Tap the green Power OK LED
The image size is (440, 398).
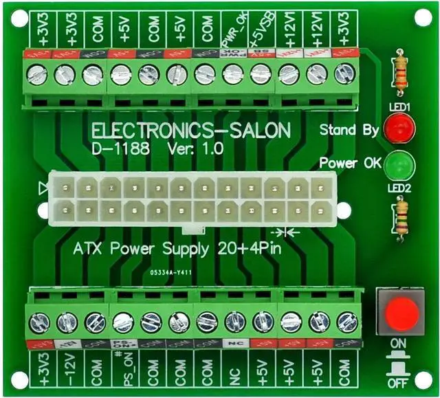(x=397, y=166)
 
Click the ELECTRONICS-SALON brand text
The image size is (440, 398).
(x=190, y=131)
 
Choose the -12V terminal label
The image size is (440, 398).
(x=67, y=372)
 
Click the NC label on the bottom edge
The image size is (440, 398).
(x=234, y=372)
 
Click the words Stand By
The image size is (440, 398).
(x=348, y=130)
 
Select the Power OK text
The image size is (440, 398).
(x=347, y=164)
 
